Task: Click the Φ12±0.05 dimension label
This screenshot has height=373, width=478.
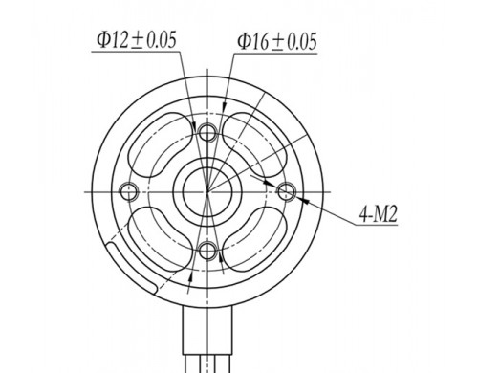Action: [137, 40]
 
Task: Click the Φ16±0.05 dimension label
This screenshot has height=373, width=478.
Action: [277, 42]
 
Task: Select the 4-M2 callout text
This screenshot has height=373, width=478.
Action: [379, 214]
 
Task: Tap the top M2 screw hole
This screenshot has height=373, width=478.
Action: [207, 131]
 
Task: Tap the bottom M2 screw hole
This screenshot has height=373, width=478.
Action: [207, 251]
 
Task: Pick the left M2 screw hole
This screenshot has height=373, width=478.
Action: [129, 192]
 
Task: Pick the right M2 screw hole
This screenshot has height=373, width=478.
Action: [286, 192]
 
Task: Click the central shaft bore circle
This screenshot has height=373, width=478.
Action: [207, 192]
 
